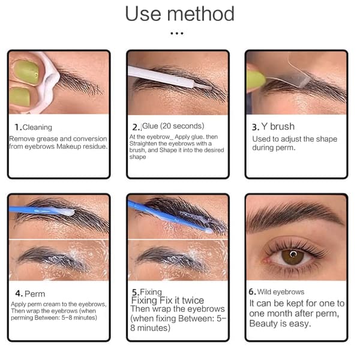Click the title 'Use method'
[x=179, y=14]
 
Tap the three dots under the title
[x=177, y=34]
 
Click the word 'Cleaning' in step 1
[x=37, y=127]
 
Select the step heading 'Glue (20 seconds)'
[x=173, y=126]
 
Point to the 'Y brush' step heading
[x=278, y=127]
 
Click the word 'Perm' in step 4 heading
[x=35, y=294]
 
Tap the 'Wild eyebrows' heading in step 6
[x=281, y=292]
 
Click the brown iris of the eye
[x=293, y=257]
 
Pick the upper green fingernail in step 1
[x=26, y=72]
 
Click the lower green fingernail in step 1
[x=20, y=97]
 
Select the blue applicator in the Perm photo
[x=41, y=211]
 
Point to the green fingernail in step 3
[x=256, y=81]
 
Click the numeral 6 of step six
[x=251, y=292]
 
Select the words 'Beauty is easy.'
[x=280, y=324]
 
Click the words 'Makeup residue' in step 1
[x=82, y=146]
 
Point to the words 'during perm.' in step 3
[x=274, y=148]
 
